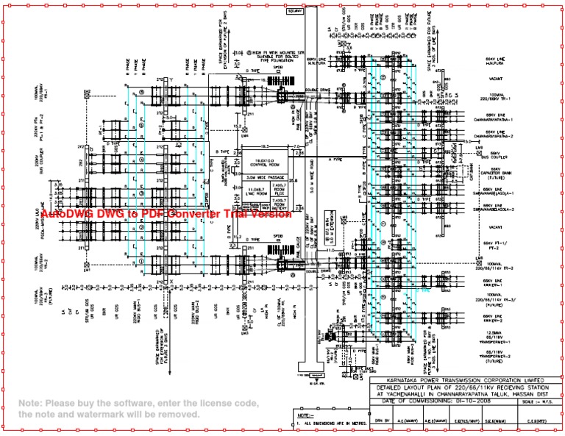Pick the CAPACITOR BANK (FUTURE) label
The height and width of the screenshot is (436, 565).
pos(497,174)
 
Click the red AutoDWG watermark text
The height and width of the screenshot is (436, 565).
pos(166,215)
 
